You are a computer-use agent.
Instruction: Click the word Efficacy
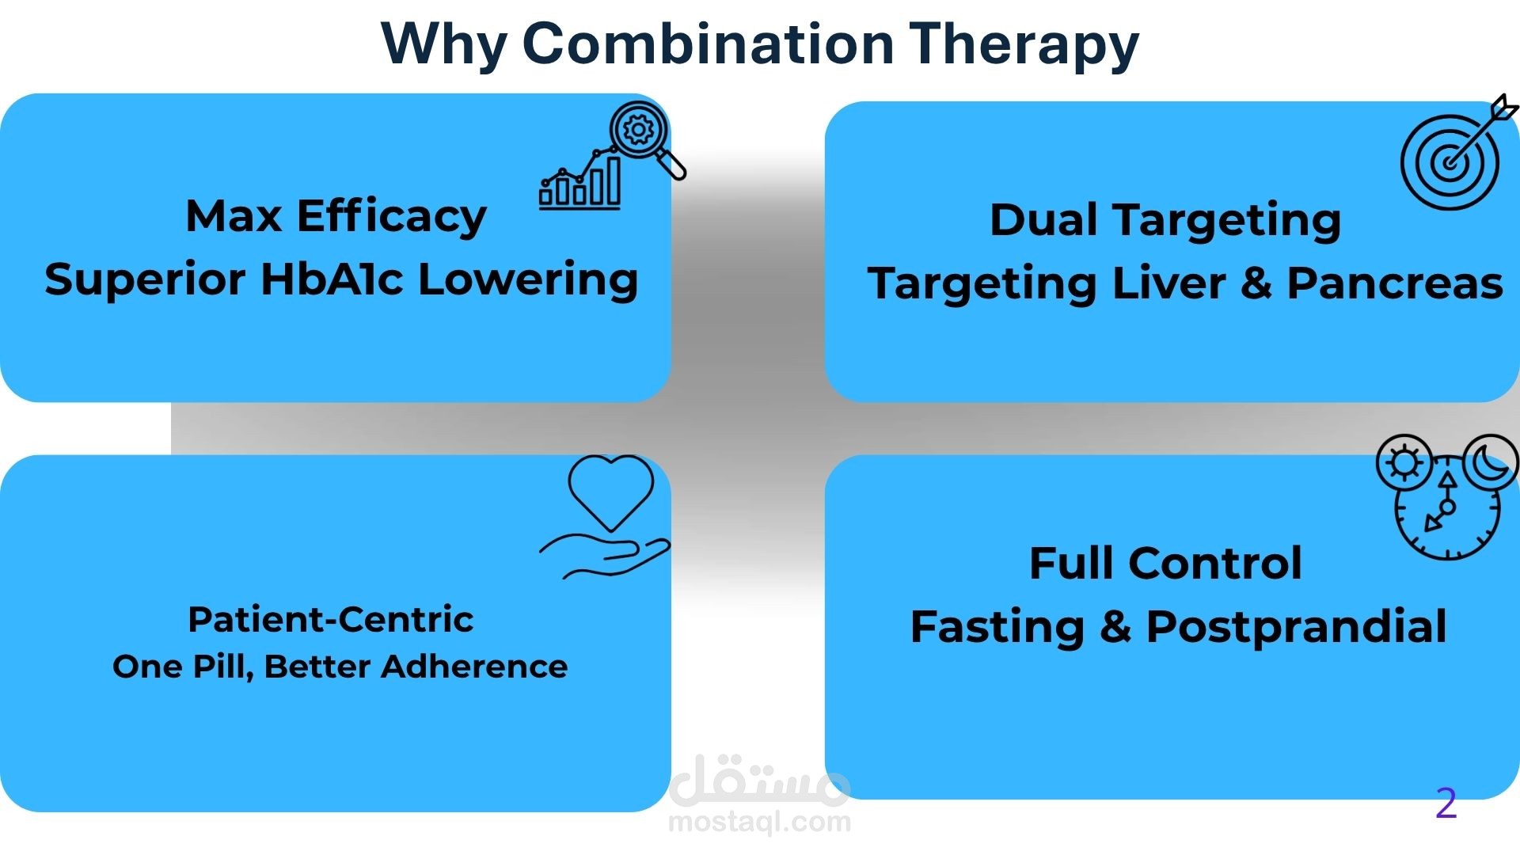coord(391,217)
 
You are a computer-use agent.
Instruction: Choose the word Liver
coord(1168,283)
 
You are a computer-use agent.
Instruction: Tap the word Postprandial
coord(1296,628)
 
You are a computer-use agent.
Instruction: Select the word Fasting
coord(997,628)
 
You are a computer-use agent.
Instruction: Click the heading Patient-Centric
coord(330,619)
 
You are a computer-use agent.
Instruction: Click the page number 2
coord(1446,804)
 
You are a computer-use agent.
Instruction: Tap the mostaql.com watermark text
coord(759,822)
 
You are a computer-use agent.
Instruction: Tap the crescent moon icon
coord(1491,462)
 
